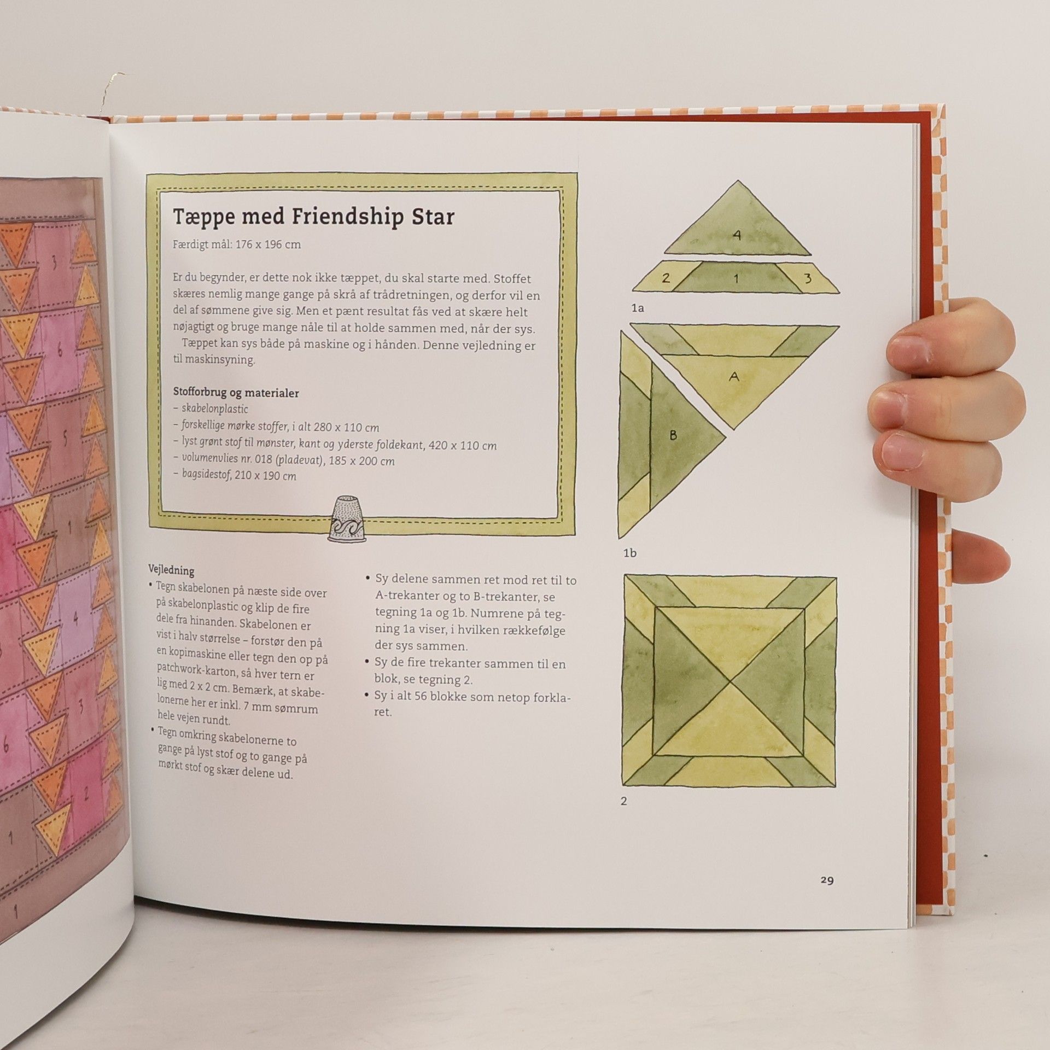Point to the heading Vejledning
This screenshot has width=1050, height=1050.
(171, 570)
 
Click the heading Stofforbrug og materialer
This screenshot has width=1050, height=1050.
(236, 393)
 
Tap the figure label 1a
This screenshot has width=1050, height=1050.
(638, 308)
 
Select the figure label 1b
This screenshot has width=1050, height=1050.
(631, 553)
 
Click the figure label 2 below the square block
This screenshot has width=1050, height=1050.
(624, 802)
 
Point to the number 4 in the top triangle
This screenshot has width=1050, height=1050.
(737, 235)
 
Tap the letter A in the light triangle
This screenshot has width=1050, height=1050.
(734, 376)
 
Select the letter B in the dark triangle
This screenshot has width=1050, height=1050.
(673, 435)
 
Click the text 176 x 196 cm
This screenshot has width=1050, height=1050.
(268, 244)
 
